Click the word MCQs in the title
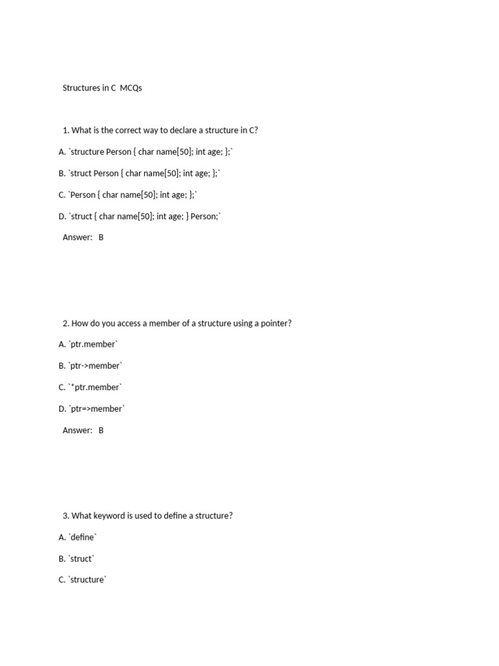(x=131, y=88)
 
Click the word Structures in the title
(x=81, y=88)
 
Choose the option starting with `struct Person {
(x=139, y=173)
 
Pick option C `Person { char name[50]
(x=127, y=194)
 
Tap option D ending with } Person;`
(x=140, y=216)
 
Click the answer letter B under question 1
(x=101, y=237)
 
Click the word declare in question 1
(x=165, y=130)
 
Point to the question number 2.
(x=66, y=323)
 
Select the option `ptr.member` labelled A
(x=88, y=344)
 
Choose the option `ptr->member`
(x=90, y=366)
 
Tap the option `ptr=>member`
(x=92, y=408)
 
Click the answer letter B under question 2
(x=101, y=430)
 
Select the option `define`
(x=77, y=537)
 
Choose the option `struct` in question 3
(x=77, y=559)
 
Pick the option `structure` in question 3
(x=83, y=579)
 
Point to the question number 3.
(x=66, y=516)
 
